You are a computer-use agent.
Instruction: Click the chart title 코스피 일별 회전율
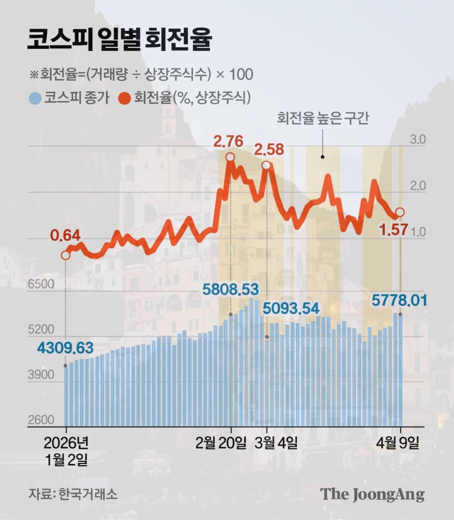click(120, 39)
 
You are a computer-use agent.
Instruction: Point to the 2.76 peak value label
click(229, 142)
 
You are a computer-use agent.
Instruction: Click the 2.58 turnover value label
click(270, 149)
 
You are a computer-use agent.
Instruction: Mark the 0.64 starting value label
click(65, 235)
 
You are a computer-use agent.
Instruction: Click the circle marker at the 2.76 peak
click(230, 157)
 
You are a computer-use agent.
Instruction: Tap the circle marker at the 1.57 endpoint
click(400, 212)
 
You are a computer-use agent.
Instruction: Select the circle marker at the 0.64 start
click(66, 254)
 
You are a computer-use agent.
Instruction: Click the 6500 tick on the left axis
click(40, 285)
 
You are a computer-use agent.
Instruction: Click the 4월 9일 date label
click(400, 443)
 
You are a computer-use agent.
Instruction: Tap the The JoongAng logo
click(372, 494)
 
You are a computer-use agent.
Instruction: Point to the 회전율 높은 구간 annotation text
click(323, 118)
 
